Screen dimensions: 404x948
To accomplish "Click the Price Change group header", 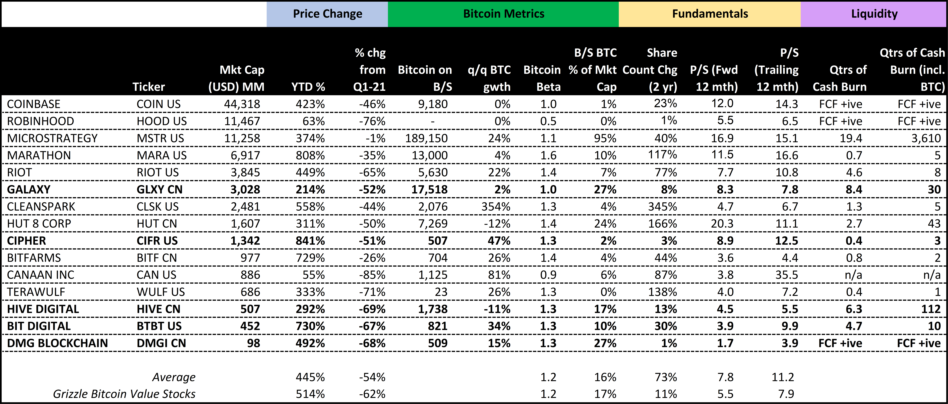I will click(327, 14).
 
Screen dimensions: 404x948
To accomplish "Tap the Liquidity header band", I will click(874, 14).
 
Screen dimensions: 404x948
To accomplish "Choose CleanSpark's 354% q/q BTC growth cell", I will click(496, 207).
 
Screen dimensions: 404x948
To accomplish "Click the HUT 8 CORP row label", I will click(39, 224).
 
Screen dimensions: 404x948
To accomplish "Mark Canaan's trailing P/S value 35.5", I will click(786, 275).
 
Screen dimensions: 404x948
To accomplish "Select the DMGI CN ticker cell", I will click(161, 343).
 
